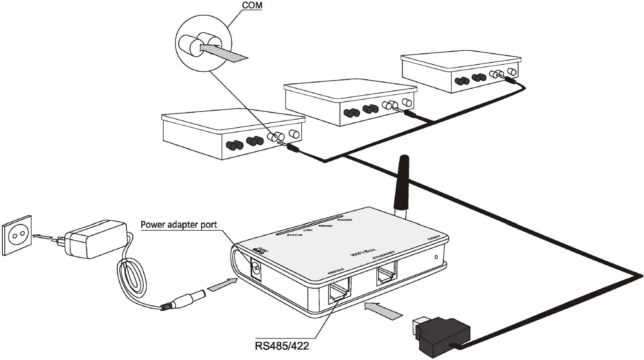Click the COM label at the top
coord(252,5)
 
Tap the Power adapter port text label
coord(179,225)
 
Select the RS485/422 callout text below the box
coord(282,346)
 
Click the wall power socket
coord(17,236)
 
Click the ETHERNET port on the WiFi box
coord(386,275)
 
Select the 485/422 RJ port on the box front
coord(339,294)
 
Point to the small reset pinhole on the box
coord(436,257)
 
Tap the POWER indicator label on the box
coord(344,220)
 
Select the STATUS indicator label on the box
coord(294,235)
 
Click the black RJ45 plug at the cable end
coord(439,334)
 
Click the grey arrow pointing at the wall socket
coord(43,236)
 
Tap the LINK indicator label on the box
coord(308,230)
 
